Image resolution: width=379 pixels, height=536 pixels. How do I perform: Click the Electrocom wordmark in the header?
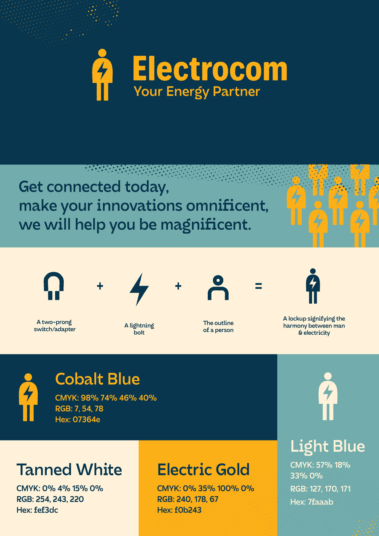click(x=210, y=69)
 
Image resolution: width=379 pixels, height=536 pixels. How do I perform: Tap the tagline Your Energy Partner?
click(x=197, y=92)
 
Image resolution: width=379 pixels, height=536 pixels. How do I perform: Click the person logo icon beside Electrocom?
click(x=102, y=75)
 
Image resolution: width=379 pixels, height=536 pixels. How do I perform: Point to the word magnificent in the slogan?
click(x=206, y=226)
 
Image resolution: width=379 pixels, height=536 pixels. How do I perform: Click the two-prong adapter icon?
click(x=53, y=286)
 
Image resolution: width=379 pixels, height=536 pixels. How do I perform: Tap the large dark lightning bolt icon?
click(x=139, y=289)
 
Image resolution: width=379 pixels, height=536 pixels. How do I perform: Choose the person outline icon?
click(x=218, y=288)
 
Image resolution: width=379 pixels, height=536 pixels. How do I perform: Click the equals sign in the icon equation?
click(x=258, y=286)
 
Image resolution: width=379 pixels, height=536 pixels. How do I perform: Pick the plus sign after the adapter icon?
click(x=100, y=286)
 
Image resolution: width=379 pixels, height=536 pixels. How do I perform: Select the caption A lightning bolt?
click(x=139, y=329)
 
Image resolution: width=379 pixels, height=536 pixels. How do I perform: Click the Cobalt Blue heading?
click(x=97, y=379)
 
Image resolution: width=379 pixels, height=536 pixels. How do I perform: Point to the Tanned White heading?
click(x=69, y=470)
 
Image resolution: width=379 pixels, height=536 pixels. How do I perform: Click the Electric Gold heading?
click(x=204, y=470)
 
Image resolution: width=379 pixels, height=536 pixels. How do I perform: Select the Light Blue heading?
click(x=327, y=447)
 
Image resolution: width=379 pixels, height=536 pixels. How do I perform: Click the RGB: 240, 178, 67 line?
click(x=188, y=499)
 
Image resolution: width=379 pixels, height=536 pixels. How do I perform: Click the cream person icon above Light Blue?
click(x=328, y=396)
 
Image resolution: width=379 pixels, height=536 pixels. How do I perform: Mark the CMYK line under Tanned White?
click(x=60, y=488)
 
